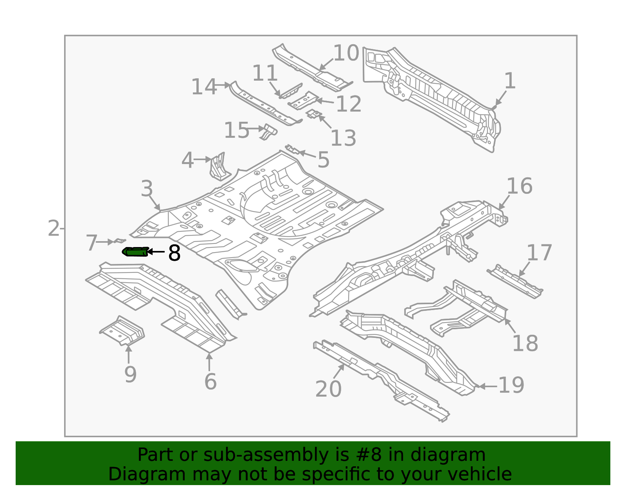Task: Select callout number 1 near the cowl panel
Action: (x=509, y=81)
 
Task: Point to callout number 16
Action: (x=519, y=186)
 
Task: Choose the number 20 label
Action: (x=328, y=389)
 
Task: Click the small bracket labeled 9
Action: (x=122, y=331)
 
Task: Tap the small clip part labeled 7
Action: (x=119, y=241)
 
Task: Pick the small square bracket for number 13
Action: (x=314, y=114)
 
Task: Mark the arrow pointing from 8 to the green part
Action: (x=156, y=252)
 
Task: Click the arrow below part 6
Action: (x=209, y=362)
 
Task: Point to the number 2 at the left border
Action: (x=53, y=228)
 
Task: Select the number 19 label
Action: (x=511, y=385)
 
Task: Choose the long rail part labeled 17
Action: (x=514, y=282)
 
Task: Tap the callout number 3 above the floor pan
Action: (x=147, y=189)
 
